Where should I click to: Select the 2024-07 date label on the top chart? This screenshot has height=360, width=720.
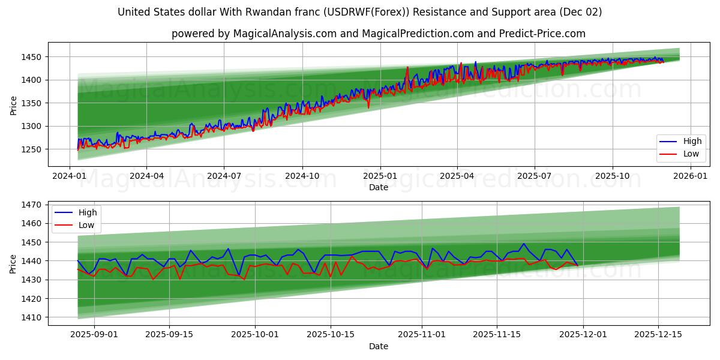click(224, 176)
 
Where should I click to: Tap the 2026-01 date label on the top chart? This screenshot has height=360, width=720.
click(690, 176)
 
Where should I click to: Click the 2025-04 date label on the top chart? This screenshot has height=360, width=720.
click(457, 176)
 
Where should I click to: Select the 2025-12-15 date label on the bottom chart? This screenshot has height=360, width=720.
click(658, 335)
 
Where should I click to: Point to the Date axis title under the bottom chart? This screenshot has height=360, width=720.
click(378, 346)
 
